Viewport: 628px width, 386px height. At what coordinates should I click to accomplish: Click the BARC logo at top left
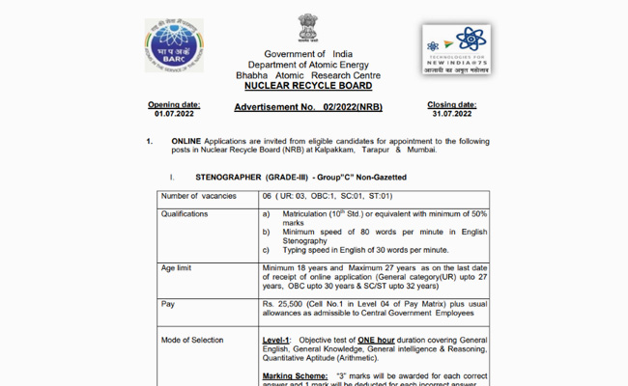click(x=174, y=45)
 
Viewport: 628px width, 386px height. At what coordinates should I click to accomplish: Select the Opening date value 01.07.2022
click(x=174, y=113)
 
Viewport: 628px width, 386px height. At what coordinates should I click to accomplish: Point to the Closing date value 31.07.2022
click(x=452, y=113)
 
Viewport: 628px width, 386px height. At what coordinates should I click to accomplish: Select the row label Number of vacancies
click(x=197, y=197)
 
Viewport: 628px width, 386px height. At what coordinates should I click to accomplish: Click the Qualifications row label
click(x=188, y=213)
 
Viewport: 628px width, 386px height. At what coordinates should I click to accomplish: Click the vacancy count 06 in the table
click(x=268, y=197)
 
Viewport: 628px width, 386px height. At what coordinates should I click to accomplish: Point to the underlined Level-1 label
click(x=278, y=340)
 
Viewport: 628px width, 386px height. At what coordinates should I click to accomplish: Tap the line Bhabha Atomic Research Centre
click(x=308, y=74)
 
